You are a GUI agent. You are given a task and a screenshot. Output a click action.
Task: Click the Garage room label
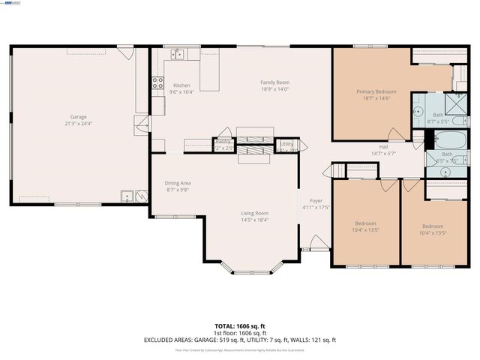click(79, 116)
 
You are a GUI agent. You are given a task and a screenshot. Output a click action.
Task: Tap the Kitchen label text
click(181, 85)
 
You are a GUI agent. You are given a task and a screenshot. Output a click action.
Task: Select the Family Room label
click(274, 82)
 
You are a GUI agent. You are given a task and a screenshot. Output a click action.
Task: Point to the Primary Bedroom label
click(376, 91)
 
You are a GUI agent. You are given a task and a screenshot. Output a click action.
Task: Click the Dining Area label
click(178, 183)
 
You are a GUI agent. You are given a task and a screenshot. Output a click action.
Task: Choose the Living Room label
click(254, 213)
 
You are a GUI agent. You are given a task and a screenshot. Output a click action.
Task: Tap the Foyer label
click(316, 200)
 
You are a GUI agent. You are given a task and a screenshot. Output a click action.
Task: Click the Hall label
click(383, 146)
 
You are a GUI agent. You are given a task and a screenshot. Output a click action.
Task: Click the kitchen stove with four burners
click(158, 83)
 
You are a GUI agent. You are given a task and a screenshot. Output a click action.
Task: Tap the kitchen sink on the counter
click(178, 53)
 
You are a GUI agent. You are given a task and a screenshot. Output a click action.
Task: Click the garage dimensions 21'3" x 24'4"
click(79, 123)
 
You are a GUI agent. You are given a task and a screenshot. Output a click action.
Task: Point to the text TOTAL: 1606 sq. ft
click(240, 326)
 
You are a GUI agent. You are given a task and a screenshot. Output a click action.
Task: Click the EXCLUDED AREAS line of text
click(240, 340)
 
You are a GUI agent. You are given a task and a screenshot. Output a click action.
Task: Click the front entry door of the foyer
click(317, 243)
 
